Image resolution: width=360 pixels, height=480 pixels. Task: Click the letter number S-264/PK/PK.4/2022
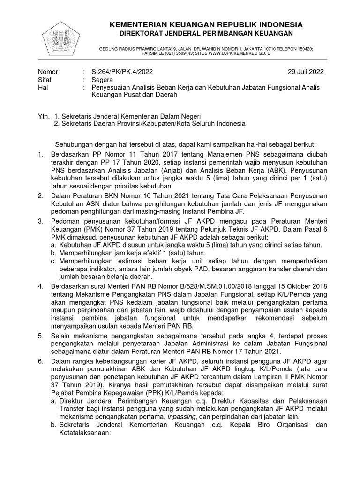point(122,72)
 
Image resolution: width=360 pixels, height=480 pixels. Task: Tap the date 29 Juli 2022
point(305,72)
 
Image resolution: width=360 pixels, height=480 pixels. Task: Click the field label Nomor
point(48,72)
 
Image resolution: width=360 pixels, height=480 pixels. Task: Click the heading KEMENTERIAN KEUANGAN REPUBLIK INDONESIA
point(206,24)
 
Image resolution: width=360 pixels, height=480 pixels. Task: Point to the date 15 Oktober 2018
point(300,286)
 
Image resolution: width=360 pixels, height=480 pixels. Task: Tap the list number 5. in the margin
point(41,336)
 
